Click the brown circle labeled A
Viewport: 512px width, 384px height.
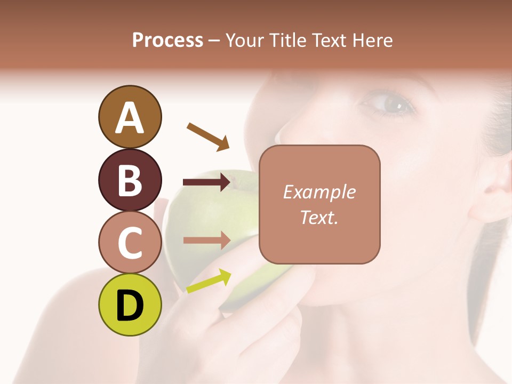point(130,117)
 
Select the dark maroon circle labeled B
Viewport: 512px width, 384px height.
point(130,180)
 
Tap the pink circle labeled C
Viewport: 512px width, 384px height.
point(130,242)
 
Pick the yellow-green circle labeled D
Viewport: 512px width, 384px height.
point(130,305)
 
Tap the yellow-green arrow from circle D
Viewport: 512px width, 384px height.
point(209,282)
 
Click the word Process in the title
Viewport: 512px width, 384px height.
point(167,40)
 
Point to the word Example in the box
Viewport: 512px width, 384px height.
point(319,192)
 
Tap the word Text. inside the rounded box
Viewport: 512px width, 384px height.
point(319,217)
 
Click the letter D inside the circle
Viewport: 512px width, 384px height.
point(130,306)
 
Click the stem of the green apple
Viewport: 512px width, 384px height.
point(232,180)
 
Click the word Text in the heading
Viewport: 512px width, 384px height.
point(328,40)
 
